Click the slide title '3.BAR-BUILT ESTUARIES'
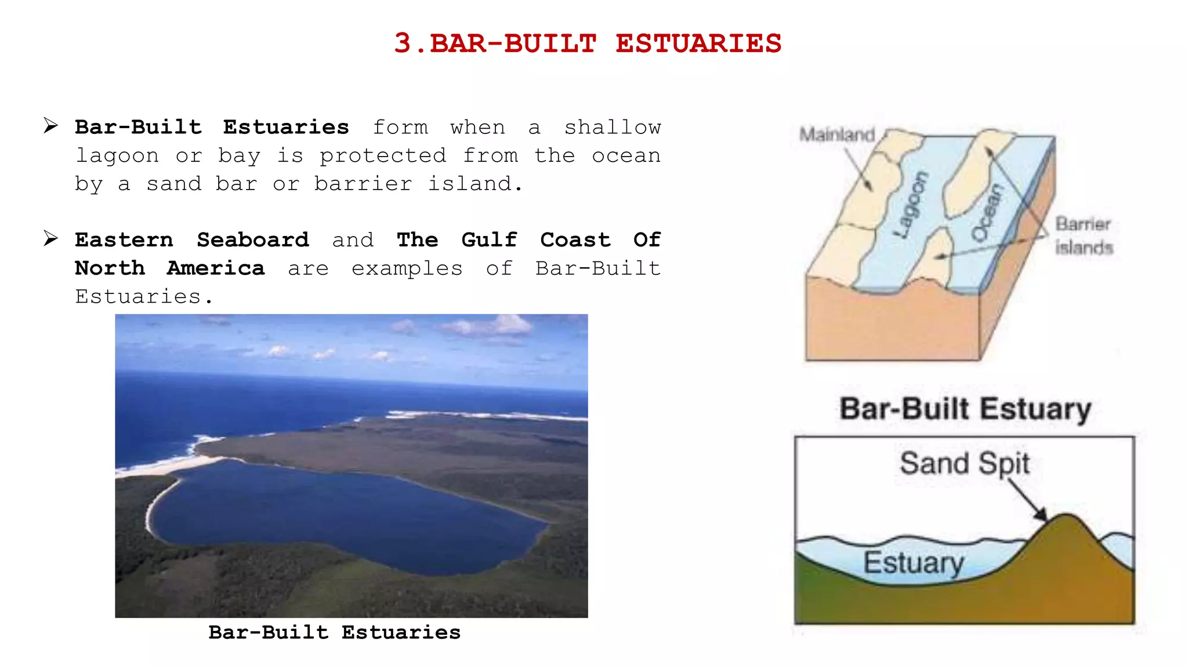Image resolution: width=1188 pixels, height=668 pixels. (588, 43)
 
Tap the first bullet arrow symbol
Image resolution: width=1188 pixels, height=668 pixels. (51, 125)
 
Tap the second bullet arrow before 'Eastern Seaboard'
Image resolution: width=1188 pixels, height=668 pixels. (51, 238)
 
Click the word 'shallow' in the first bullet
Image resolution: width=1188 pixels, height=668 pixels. (613, 128)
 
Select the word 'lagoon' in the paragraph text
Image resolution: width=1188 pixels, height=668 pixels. (117, 156)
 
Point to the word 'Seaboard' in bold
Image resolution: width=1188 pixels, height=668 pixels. (252, 240)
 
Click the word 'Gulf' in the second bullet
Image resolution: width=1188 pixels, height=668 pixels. (489, 240)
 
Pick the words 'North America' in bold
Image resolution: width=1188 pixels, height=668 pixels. (169, 268)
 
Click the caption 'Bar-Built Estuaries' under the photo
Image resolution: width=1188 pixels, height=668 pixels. (334, 632)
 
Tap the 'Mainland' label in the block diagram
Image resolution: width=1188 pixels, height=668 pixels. (836, 135)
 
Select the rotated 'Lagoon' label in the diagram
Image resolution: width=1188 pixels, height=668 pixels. (911, 205)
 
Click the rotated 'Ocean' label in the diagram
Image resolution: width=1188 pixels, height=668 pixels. (987, 213)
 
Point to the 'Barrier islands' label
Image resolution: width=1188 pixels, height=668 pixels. (1083, 235)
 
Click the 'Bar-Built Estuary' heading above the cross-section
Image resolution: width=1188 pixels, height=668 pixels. (965, 409)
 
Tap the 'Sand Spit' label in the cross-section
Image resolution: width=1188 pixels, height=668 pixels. (964, 463)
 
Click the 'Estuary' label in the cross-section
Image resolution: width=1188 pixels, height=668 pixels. (913, 562)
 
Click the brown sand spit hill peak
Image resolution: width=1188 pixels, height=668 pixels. (1066, 522)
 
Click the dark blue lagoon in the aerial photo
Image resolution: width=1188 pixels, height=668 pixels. (348, 516)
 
